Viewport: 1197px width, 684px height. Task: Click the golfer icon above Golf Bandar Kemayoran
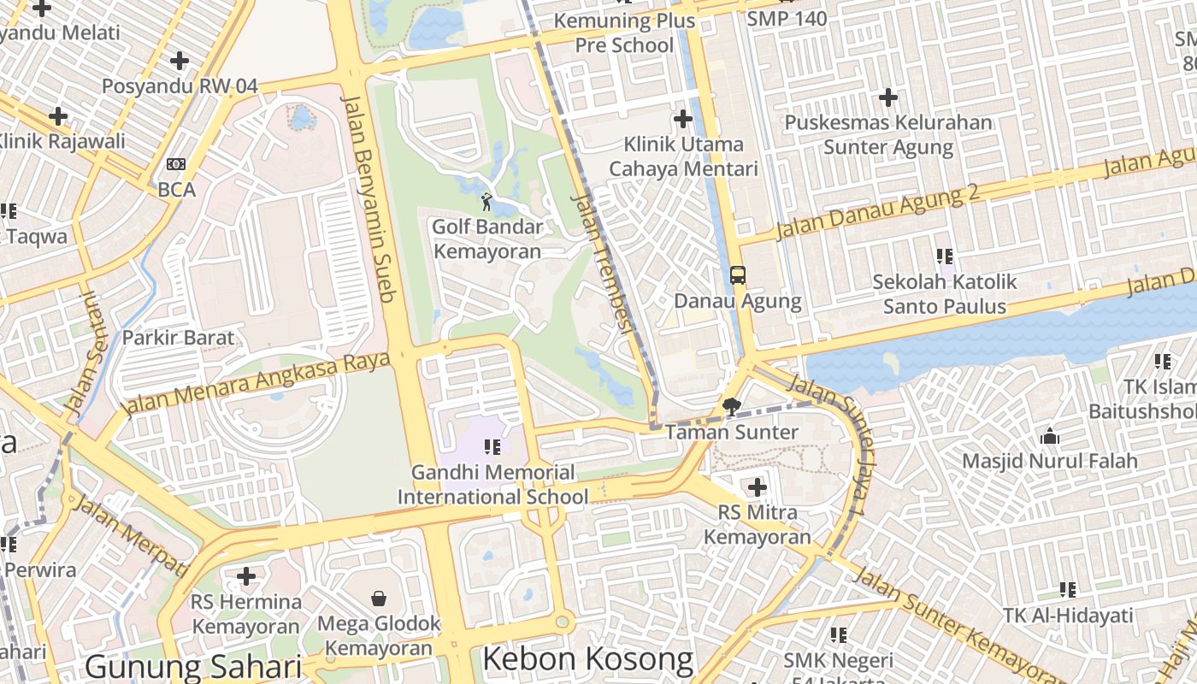[486, 203]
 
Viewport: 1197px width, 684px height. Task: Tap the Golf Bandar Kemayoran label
[487, 239]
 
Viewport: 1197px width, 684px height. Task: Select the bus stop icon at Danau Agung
[738, 275]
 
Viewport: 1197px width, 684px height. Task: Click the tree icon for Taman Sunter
[731, 407]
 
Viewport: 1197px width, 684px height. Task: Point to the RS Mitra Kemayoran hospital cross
[757, 487]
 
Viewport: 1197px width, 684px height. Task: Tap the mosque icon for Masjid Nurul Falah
[1050, 437]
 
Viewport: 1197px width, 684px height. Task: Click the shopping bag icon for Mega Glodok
[379, 598]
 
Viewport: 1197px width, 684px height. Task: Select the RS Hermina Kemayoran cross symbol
[246, 576]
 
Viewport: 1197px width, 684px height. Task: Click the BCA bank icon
[176, 164]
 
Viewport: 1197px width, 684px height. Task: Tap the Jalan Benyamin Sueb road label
[369, 198]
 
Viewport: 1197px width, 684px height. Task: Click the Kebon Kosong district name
[587, 659]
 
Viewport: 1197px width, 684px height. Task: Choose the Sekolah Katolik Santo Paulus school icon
[945, 256]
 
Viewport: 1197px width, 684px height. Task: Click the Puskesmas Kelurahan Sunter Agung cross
[888, 97]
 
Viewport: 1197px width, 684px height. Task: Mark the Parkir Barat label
[178, 338]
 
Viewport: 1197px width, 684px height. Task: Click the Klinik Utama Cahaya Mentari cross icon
[683, 119]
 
